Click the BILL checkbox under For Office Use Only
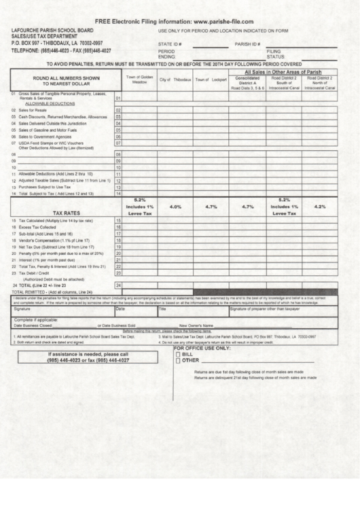(178, 355)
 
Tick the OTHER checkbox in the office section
(178, 361)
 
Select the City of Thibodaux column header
(175, 80)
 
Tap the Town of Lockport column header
(211, 80)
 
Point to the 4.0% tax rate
(175, 206)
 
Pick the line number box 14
(118, 194)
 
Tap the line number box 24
(118, 285)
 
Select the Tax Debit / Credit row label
(36, 273)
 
